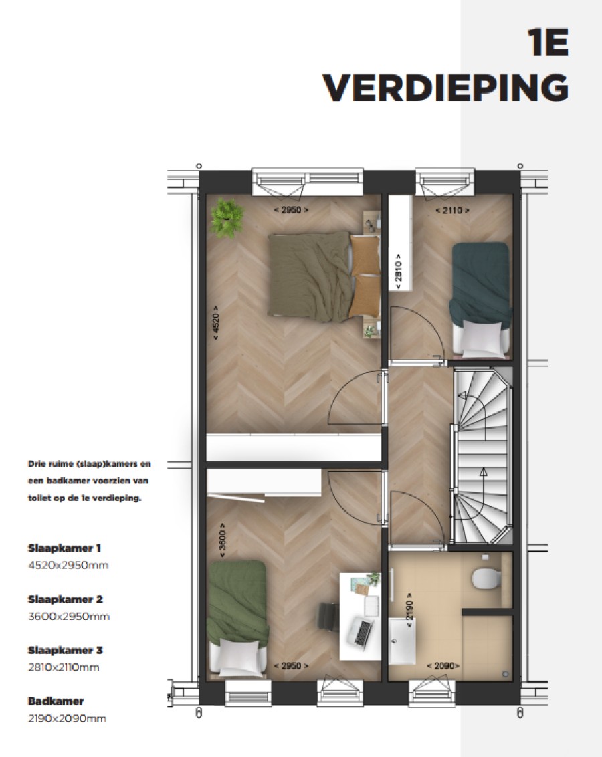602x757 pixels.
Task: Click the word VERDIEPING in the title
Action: (445, 88)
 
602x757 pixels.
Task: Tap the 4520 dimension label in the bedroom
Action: (215, 323)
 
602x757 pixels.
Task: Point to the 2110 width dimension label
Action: (452, 210)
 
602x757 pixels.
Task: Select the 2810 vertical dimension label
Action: (398, 272)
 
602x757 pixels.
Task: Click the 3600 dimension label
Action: (222, 540)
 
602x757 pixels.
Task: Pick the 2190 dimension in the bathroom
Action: (409, 610)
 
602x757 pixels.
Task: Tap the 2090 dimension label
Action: (443, 666)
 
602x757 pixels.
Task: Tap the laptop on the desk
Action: (363, 631)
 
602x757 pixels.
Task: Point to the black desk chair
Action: (328, 617)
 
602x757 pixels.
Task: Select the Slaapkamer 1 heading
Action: (64, 548)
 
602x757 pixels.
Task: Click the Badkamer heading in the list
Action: (56, 701)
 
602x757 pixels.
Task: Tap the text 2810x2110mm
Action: (64, 667)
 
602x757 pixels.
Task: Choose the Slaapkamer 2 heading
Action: (65, 599)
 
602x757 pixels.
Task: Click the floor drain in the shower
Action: (505, 674)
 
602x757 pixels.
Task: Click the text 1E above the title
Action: (548, 43)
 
